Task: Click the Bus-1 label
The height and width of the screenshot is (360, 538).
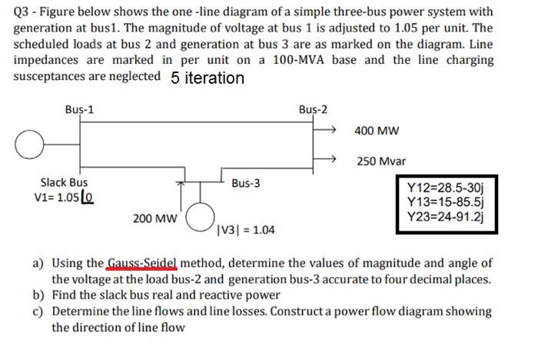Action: (x=80, y=109)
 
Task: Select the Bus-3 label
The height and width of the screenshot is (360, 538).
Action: (x=246, y=184)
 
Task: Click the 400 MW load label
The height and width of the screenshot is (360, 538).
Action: (x=377, y=131)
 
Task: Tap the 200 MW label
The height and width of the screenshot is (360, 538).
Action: (x=152, y=218)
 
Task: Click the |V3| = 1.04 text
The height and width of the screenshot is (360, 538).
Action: (x=247, y=230)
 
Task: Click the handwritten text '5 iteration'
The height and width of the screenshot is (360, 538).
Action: (x=208, y=78)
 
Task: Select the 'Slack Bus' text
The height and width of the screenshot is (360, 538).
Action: (x=64, y=182)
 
